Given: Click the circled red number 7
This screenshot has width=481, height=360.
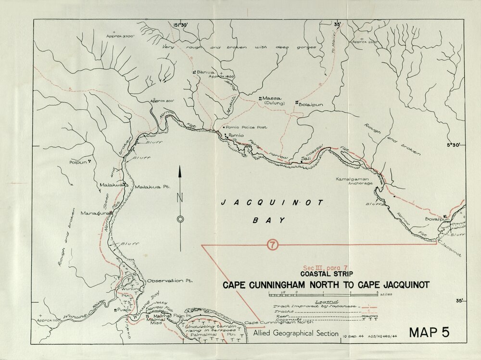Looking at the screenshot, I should click(x=273, y=245).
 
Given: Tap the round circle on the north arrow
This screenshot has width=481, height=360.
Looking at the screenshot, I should click(x=180, y=219).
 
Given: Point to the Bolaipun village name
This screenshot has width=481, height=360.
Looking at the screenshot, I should click(x=309, y=103).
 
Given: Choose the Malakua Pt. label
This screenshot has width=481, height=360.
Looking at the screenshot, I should click(x=150, y=187).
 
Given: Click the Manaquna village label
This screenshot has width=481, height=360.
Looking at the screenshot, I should click(x=93, y=213).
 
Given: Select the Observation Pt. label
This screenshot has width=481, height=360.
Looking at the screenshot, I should click(x=165, y=280).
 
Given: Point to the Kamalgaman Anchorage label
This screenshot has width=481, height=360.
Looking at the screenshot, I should click(x=354, y=180).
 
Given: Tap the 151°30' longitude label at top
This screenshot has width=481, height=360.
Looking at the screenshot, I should click(x=183, y=24).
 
